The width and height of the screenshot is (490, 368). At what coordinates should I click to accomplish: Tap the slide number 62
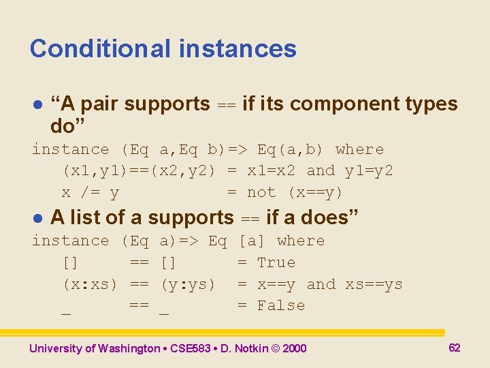tap(455, 348)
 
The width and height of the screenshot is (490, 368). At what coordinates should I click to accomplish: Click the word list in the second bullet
tap(82, 217)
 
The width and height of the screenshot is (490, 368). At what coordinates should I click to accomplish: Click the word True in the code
tap(276, 262)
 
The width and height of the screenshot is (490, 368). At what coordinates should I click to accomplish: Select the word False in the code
tap(281, 305)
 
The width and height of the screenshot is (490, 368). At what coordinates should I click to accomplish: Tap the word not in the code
tap(261, 193)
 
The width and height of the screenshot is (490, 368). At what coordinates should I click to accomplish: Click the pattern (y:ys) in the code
tap(188, 284)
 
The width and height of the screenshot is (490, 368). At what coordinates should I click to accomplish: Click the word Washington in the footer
tap(129, 349)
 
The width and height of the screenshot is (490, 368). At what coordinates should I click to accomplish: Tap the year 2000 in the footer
tap(294, 349)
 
